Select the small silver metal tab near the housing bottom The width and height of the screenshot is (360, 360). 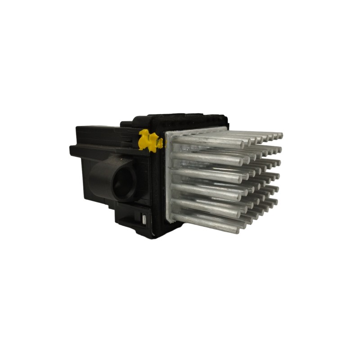pos(144,220)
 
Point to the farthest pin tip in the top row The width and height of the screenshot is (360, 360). pos(280,135)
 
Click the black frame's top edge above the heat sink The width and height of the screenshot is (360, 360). pos(189,118)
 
